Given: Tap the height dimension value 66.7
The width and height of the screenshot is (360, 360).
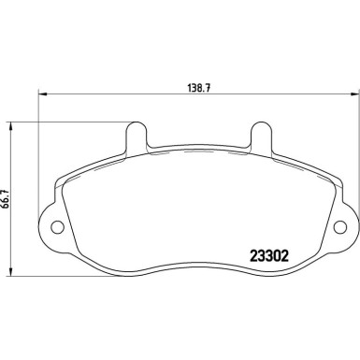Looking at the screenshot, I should (x=10, y=197).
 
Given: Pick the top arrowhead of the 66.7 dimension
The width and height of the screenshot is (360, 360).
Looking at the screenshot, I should (x=11, y=122).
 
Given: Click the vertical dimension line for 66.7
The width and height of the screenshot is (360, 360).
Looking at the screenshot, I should (x=11, y=234).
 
